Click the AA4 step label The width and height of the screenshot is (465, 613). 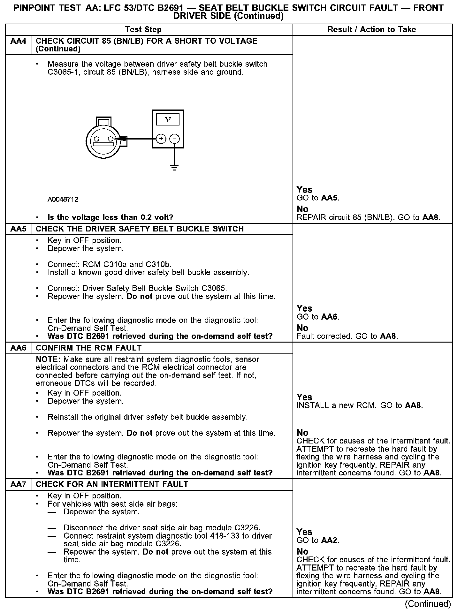pos(19,41)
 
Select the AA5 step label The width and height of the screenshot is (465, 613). pos(19,229)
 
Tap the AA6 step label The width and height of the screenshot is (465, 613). pos(19,348)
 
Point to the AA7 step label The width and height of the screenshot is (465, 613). pos(19,484)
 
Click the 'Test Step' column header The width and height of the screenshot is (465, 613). pos(143,30)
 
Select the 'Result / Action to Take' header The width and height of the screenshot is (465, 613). pos(372,30)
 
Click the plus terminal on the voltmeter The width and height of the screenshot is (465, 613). pos(161,139)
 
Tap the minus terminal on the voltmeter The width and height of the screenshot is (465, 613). pos(174,139)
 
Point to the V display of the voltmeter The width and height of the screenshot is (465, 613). pos(168,120)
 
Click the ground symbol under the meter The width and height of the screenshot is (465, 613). pos(174,167)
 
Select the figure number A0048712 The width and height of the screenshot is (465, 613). pos(63,200)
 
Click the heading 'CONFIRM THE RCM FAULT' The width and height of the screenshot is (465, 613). pos(88,348)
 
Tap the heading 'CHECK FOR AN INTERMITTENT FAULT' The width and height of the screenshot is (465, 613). pos(112,484)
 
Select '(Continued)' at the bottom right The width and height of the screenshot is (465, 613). pos(428,604)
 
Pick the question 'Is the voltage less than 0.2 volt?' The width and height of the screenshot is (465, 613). pos(110,217)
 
